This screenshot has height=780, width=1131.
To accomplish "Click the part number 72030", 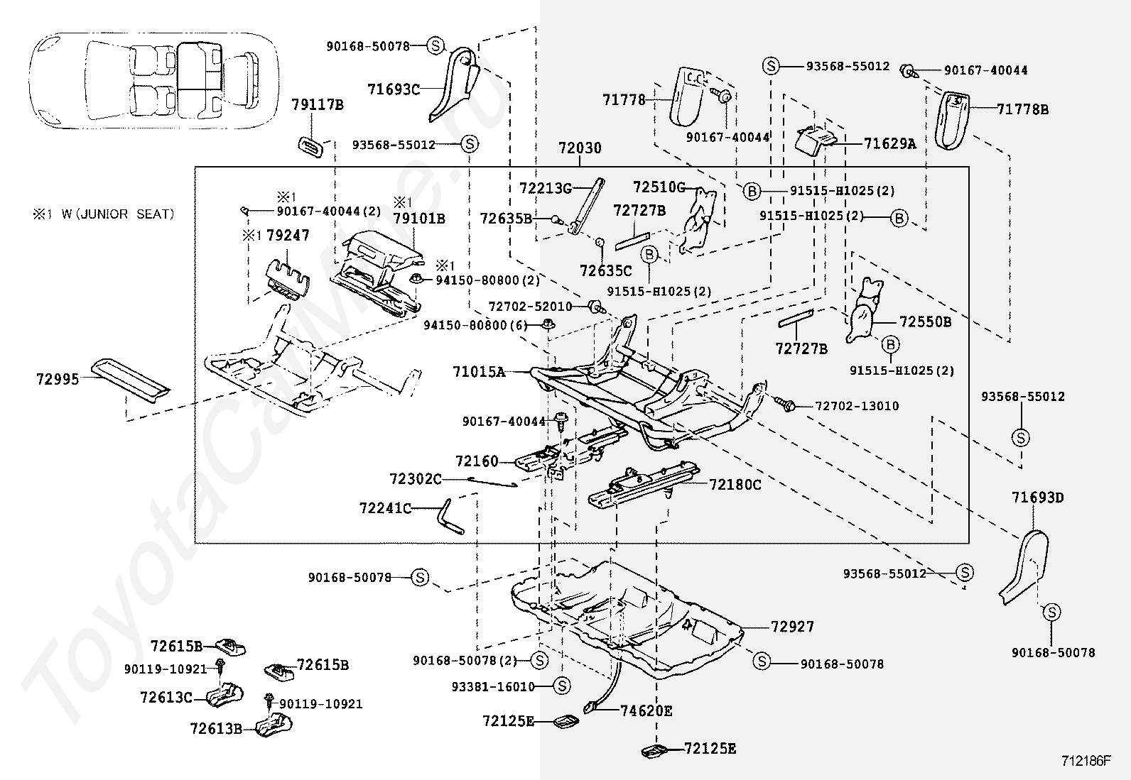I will coord(579,148).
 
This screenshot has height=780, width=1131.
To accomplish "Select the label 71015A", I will coord(479,371).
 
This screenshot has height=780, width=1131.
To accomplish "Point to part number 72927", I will coord(792,627).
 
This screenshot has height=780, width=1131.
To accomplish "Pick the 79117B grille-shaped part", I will coord(311,144).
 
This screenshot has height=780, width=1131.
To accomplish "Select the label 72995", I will coord(58,380).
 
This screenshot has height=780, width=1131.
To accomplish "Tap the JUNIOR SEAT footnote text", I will coord(103,214).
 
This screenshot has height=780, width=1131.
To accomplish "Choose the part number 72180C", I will coord(735,485).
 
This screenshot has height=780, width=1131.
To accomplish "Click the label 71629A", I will coord(889,144).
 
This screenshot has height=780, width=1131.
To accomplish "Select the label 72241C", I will coord(385,508).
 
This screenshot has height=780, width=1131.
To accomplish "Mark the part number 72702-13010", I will coord(857,406).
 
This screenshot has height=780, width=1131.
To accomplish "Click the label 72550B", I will coord(925,322).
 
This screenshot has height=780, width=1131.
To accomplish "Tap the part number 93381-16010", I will coord(492,686).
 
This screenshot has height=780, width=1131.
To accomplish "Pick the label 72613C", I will coord(166,698).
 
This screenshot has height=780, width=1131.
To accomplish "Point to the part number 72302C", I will coord(415,479).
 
